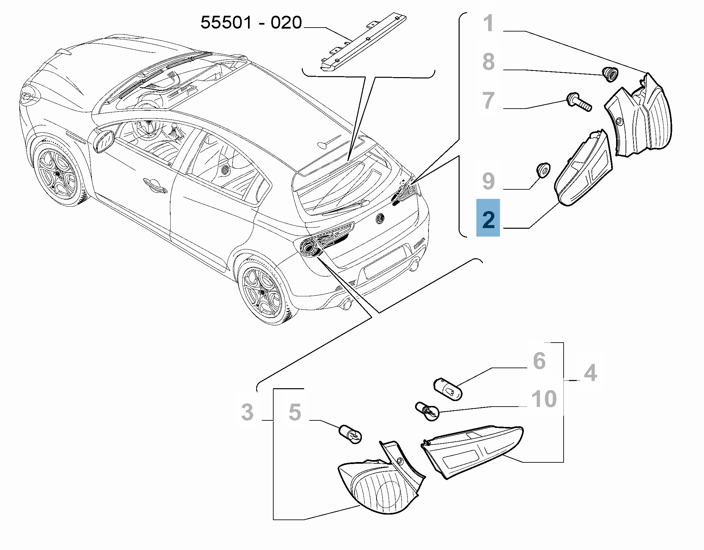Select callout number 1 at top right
(489, 24)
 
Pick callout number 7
(488, 100)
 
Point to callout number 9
(488, 181)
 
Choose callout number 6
(539, 361)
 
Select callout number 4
(590, 373)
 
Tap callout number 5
(295, 412)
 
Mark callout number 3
(247, 412)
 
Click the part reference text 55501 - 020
(251, 23)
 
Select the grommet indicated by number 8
(610, 74)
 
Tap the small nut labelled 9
(542, 171)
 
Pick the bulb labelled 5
(351, 434)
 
